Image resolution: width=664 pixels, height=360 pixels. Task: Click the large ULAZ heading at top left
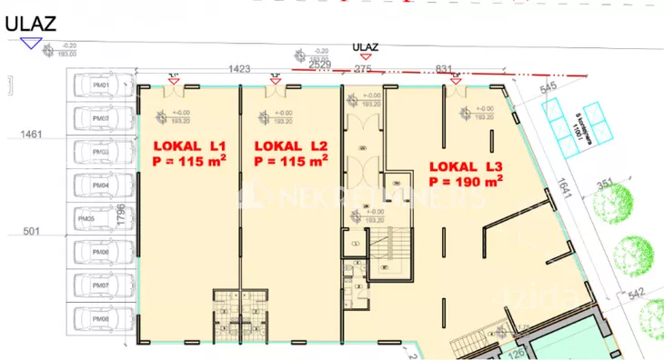(28, 25)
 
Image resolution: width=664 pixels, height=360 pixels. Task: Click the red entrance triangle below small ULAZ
(366, 56)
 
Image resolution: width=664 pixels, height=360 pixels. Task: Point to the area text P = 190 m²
(466, 182)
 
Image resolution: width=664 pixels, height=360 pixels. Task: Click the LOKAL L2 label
(291, 145)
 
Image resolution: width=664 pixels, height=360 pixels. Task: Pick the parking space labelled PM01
(102, 86)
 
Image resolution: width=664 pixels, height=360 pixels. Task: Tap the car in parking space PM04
(102, 185)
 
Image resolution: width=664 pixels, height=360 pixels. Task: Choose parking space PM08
(102, 319)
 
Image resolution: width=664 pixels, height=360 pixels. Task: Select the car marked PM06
(102, 252)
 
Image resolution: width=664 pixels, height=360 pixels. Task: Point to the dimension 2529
(319, 66)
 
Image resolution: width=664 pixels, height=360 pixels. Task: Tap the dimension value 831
(445, 68)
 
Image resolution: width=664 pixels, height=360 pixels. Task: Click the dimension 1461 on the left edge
(32, 135)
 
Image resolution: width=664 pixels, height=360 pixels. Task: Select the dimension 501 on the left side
(32, 233)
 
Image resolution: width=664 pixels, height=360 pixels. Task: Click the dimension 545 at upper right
(548, 88)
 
